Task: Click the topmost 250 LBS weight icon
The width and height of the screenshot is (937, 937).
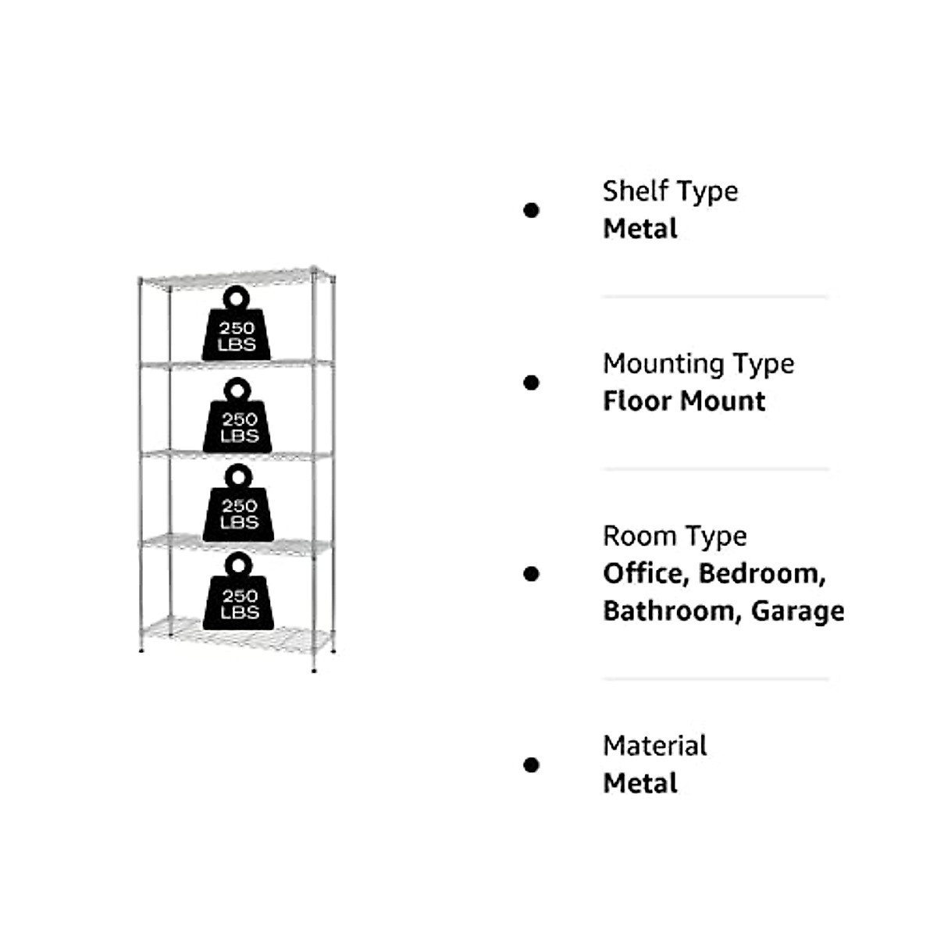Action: coord(237,332)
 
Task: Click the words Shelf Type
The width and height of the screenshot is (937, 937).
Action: coord(670,191)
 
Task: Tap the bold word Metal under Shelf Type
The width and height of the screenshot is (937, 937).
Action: coord(640,229)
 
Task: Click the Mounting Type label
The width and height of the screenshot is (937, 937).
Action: coord(698,364)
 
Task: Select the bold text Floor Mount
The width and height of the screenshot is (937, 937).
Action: coord(684,401)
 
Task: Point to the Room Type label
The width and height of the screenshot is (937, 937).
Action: coord(675,536)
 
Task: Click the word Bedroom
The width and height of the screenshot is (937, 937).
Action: coord(761,574)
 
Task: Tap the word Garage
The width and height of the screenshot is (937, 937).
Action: coord(797,611)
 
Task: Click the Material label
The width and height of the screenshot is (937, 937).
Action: coord(654,746)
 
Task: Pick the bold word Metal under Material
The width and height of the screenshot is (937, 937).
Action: coord(640,783)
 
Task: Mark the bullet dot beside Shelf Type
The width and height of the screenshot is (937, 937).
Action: coord(532,210)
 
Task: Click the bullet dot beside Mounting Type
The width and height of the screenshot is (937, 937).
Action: coord(532,383)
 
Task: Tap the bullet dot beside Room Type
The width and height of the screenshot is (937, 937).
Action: coord(532,574)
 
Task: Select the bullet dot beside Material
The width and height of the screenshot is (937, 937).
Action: coord(532,764)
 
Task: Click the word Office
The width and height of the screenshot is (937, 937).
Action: coord(643,574)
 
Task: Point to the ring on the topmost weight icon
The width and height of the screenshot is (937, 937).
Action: coord(236,297)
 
